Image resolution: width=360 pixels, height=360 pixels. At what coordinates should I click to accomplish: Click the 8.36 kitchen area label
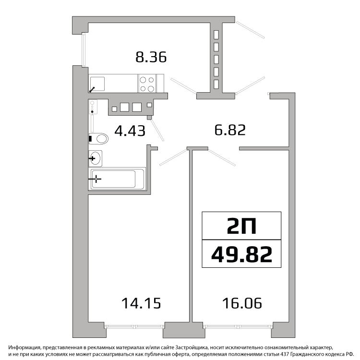(151, 57)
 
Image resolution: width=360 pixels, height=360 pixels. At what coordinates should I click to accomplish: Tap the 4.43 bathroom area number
(130, 131)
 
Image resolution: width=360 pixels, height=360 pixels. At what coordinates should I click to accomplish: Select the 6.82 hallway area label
(230, 130)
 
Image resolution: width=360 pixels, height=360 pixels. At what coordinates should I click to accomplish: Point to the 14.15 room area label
(141, 303)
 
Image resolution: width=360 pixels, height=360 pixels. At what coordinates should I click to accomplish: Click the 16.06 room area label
(242, 303)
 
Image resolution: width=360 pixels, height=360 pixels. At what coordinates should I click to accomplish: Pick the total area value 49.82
(241, 254)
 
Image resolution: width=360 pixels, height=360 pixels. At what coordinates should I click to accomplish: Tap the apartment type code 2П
(241, 226)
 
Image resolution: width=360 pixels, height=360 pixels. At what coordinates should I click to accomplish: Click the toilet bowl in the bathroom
(98, 139)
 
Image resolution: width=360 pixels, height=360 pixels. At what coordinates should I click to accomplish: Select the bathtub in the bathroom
(117, 179)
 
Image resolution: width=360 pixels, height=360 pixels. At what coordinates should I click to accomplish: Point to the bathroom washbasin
(96, 158)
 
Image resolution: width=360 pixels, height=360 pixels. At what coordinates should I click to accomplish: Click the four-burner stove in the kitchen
(147, 84)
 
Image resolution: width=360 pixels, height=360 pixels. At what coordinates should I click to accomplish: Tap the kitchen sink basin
(97, 84)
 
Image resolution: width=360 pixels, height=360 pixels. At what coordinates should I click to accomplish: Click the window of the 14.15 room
(134, 326)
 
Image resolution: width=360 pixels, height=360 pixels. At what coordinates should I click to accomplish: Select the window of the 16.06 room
(238, 326)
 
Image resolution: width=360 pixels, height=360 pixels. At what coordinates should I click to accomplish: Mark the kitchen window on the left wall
(84, 50)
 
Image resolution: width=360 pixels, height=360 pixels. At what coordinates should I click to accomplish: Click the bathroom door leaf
(157, 130)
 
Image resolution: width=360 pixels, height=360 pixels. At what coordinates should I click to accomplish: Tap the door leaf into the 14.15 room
(173, 157)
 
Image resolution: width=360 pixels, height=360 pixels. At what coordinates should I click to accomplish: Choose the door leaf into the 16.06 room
(222, 157)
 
